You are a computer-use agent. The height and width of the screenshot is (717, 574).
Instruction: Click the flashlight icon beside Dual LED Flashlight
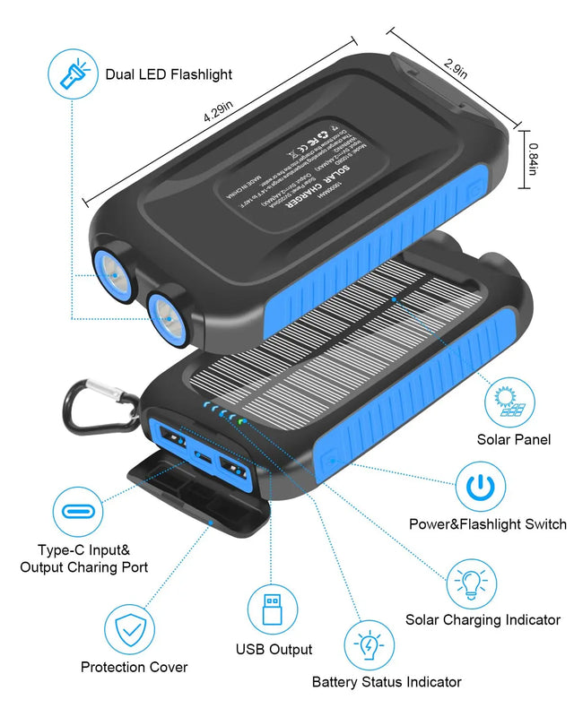pyautogui.click(x=71, y=75)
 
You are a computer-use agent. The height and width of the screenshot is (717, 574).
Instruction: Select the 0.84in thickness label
pyautogui.click(x=533, y=159)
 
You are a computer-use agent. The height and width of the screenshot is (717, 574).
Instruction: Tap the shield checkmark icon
pyautogui.click(x=132, y=630)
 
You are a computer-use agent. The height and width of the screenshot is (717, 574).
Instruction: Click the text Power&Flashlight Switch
pyautogui.click(x=488, y=524)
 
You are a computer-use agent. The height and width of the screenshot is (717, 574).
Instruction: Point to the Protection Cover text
pyautogui.click(x=135, y=667)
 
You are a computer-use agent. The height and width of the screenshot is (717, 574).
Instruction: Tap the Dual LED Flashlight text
pyautogui.click(x=169, y=74)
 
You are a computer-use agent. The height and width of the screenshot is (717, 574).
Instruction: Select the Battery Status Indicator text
pyautogui.click(x=387, y=682)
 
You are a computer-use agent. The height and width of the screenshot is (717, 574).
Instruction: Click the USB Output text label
pyautogui.click(x=274, y=649)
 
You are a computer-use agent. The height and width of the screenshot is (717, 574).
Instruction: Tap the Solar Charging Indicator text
pyautogui.click(x=483, y=619)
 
